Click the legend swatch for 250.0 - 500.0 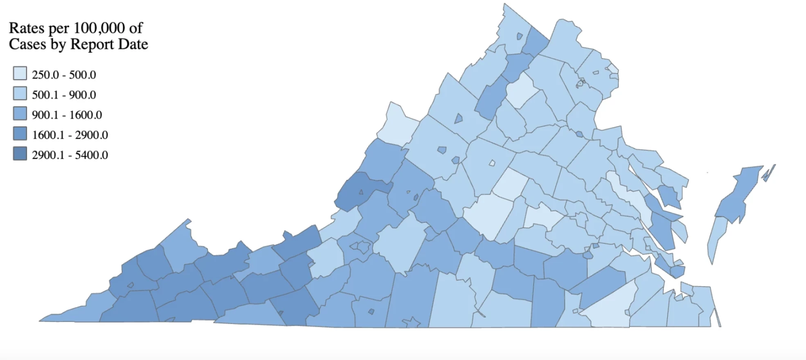point(20,74)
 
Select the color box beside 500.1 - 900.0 point(20,94)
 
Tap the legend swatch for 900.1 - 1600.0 point(20,114)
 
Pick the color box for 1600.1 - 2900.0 point(20,134)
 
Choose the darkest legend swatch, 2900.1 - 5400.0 point(20,154)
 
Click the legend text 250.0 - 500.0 point(64,75)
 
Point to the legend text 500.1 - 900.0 point(64,95)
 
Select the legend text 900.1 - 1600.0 point(67,115)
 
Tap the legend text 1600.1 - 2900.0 point(70,135)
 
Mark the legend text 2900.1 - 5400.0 point(70,155)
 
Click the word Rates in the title point(27,28)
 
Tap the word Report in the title point(92,44)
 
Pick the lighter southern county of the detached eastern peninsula point(717,237)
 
